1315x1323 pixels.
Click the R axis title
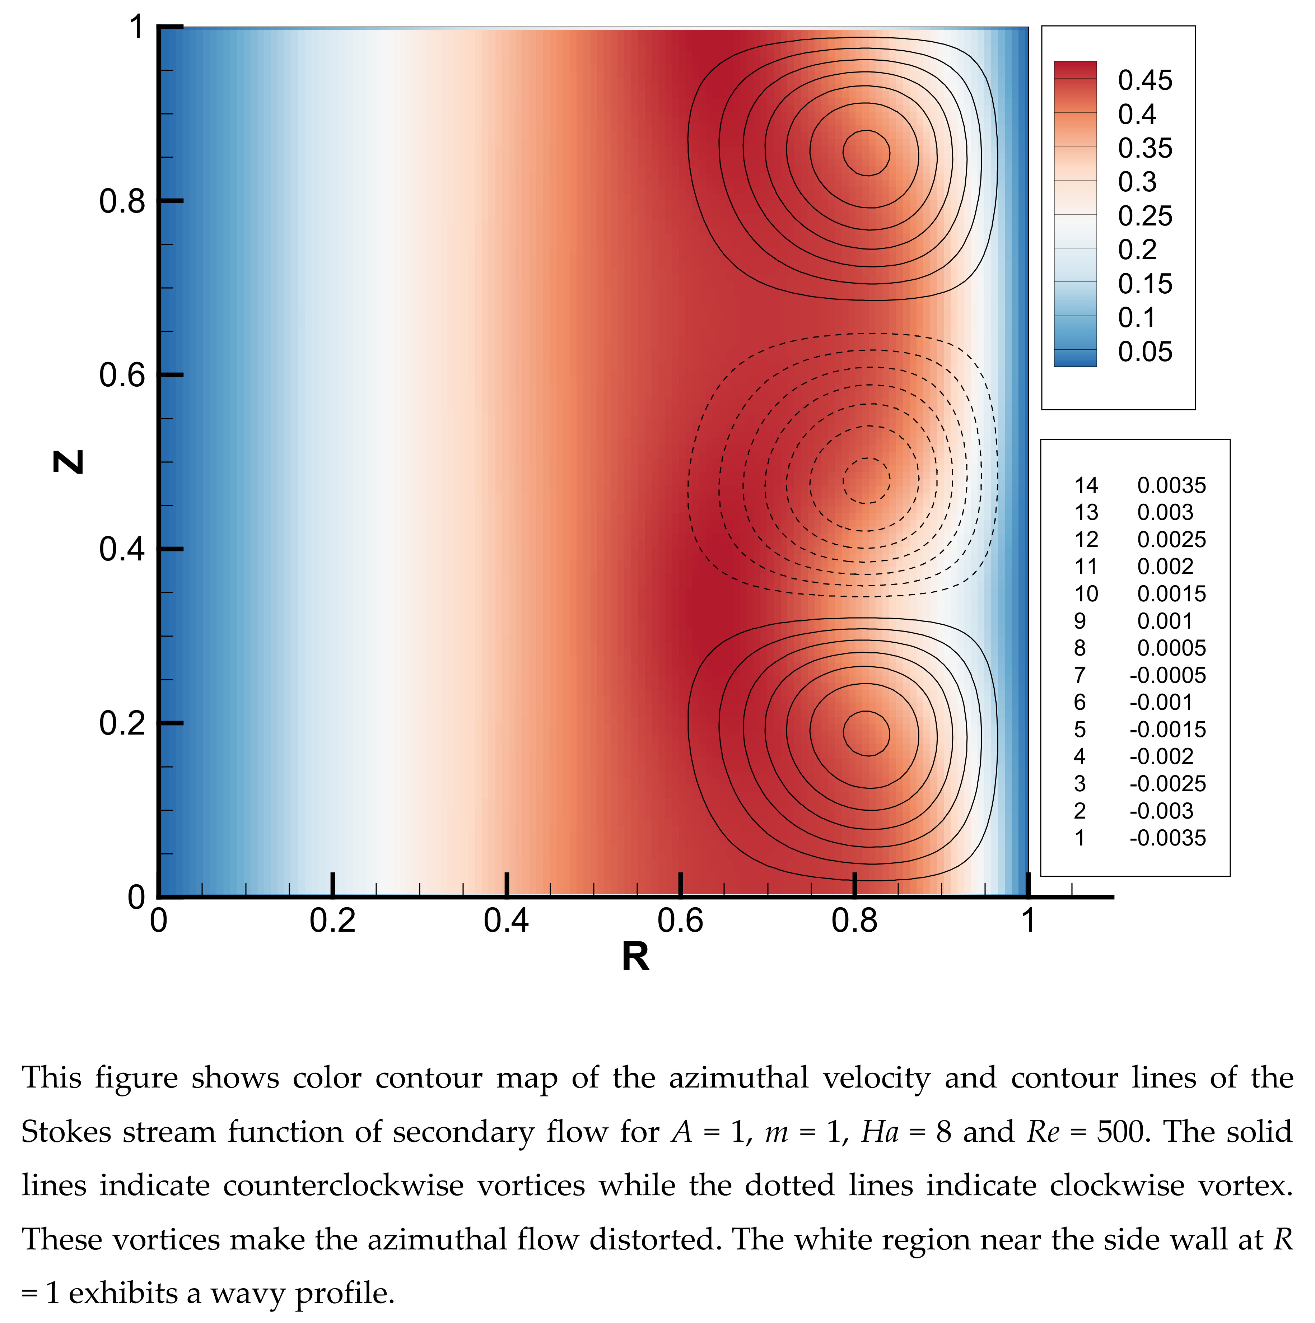click(635, 957)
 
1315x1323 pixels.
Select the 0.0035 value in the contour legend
click(1171, 485)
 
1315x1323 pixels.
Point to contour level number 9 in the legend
click(1080, 621)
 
